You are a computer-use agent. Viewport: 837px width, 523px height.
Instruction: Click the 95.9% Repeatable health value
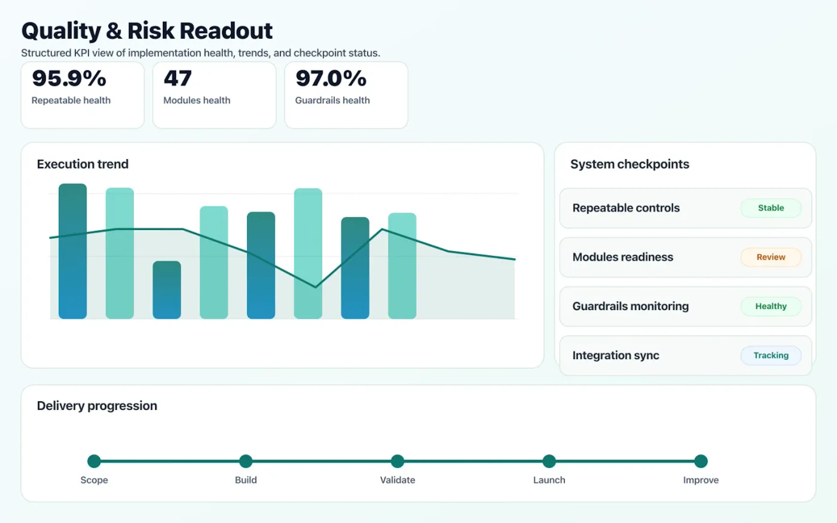pos(69,78)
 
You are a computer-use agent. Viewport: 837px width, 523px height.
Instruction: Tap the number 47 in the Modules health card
pos(177,78)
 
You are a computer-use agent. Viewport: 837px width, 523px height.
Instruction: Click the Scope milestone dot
pos(94,461)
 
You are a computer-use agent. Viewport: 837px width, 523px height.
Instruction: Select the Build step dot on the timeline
pos(246,461)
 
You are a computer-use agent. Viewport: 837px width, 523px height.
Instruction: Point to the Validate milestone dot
pos(397,461)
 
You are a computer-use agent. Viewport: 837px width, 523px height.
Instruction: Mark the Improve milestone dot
pos(701,461)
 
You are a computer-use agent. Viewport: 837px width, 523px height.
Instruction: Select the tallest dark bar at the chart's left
pos(73,251)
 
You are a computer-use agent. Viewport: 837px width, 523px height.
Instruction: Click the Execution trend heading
pos(83,164)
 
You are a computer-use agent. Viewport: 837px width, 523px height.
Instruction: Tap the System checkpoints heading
pos(629,164)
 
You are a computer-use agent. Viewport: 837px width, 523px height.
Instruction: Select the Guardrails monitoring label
pos(630,306)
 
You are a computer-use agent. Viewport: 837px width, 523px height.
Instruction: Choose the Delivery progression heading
pos(97,405)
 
